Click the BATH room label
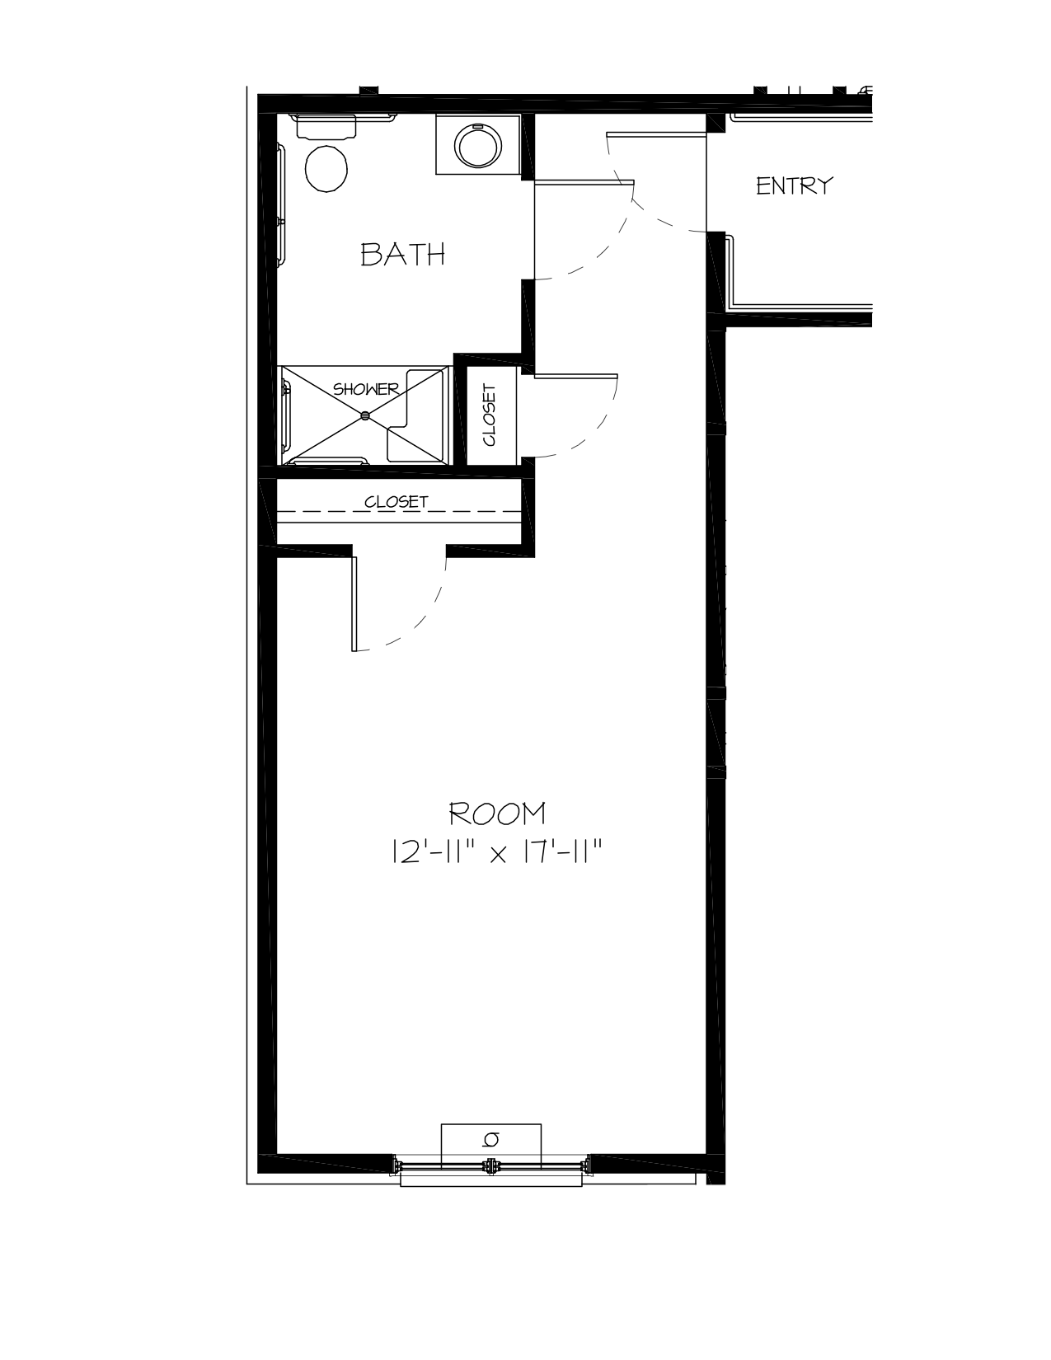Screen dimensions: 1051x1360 (402, 254)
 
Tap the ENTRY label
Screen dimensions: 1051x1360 (795, 186)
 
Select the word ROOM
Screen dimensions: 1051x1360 (498, 814)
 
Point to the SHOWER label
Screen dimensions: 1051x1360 (365, 389)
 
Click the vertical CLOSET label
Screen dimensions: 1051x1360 (490, 415)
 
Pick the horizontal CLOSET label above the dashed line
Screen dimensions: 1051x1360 (396, 502)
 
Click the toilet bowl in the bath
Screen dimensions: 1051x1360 (326, 168)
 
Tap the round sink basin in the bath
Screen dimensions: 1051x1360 (478, 145)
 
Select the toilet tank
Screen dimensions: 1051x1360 (326, 126)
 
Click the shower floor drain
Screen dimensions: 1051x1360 (365, 415)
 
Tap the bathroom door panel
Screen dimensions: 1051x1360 (584, 182)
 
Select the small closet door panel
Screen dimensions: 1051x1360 (575, 376)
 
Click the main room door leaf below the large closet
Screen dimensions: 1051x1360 (354, 604)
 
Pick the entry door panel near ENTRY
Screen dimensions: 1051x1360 (657, 134)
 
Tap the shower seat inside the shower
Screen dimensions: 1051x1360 (415, 415)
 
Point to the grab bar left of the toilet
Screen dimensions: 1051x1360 (281, 204)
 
